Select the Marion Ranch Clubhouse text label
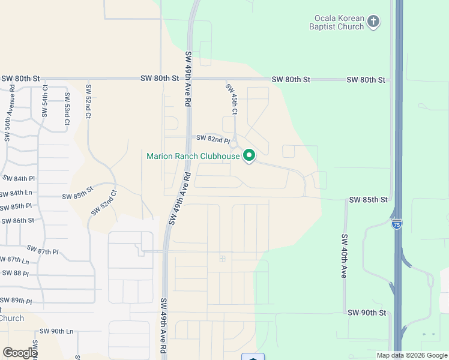coord(193,157)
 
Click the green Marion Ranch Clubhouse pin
coord(249,156)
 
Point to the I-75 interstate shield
coord(396,224)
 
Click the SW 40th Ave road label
coord(345,256)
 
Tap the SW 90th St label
coord(366,313)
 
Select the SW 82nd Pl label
coord(213,139)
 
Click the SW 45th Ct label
coord(232,100)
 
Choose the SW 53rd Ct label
coord(67,112)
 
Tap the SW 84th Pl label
coord(19,179)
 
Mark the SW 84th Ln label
coord(16,193)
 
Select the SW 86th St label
coord(17,220)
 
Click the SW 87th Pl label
coord(43,250)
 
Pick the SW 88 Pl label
coord(15,273)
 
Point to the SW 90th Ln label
coord(56,331)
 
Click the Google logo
coord(19,353)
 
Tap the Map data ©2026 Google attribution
coord(412,355)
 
